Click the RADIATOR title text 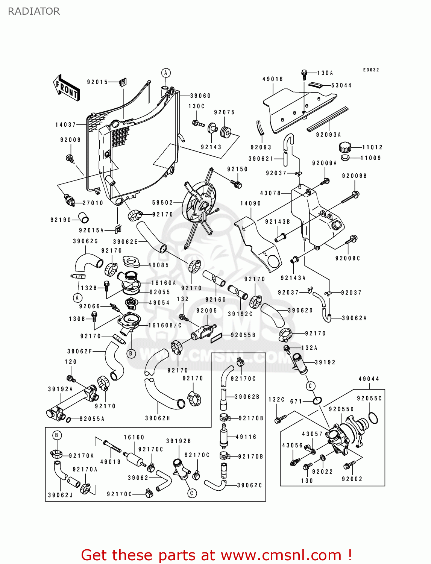[34, 11]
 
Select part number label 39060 [200, 96]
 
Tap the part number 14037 [66, 125]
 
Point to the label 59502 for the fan [162, 203]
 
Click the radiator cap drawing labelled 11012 [345, 147]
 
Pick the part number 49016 [273, 79]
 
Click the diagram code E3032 [371, 70]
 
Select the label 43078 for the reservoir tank [270, 193]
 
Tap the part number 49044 [369, 379]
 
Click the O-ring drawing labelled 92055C [373, 418]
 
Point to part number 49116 [246, 437]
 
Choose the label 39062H [158, 418]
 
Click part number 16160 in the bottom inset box [134, 437]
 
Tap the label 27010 [93, 203]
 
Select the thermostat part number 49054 [159, 303]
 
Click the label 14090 [250, 203]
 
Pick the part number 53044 [341, 85]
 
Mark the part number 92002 [352, 479]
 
